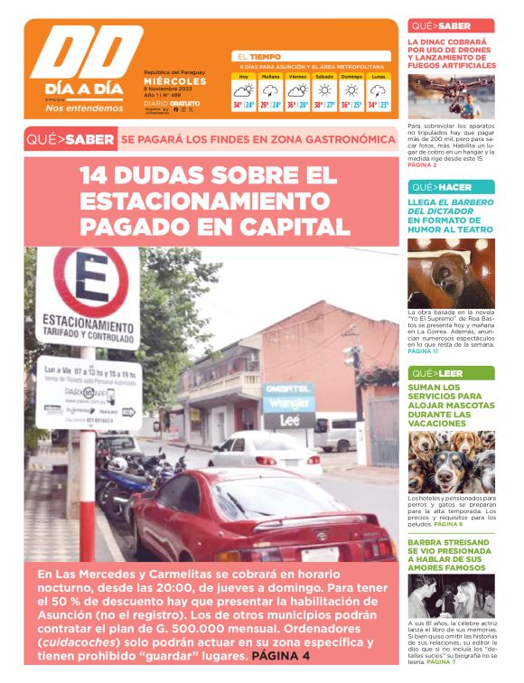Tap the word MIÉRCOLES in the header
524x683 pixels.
[175, 80]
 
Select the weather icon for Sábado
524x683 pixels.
[323, 90]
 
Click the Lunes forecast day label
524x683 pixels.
[379, 77]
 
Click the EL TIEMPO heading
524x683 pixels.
[259, 56]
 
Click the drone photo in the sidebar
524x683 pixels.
[451, 96]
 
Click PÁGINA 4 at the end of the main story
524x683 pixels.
[281, 656]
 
